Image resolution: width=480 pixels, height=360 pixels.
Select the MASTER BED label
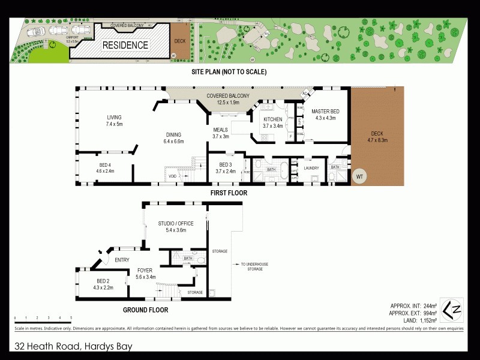(x=325, y=114)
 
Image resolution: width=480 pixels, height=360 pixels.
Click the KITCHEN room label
(x=273, y=122)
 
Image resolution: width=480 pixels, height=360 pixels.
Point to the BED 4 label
(x=105, y=167)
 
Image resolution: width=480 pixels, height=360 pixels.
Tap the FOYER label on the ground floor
(x=146, y=273)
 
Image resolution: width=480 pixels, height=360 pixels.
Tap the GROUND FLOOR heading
(x=145, y=310)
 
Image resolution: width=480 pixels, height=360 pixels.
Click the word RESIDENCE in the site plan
(x=125, y=45)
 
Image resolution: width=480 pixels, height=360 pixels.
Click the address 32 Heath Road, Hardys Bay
(x=73, y=346)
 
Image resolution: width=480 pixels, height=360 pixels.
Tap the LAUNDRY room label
(x=311, y=168)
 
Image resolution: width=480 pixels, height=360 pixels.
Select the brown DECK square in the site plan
(x=179, y=41)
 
